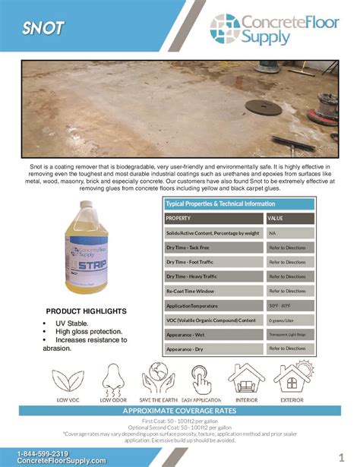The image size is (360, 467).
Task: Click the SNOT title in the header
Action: point(43,30)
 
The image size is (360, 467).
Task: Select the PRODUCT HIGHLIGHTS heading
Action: point(85,312)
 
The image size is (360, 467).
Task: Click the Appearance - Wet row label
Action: point(186,333)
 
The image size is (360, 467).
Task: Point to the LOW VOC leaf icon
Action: point(68,381)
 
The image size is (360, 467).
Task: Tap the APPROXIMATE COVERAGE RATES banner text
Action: point(179,411)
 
